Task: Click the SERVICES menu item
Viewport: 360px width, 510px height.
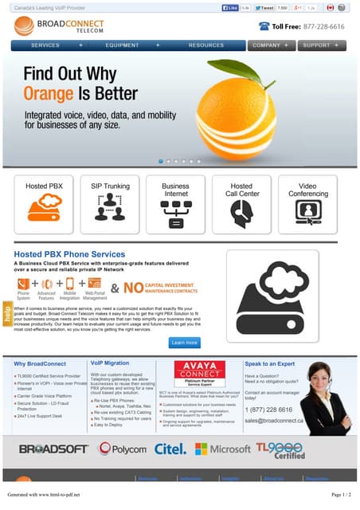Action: (x=46, y=45)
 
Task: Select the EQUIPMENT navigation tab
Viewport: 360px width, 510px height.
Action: (x=122, y=45)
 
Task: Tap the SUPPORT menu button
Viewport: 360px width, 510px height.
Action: (x=322, y=45)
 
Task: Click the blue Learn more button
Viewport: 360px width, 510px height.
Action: (x=184, y=343)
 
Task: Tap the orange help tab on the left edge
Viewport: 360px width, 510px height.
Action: (x=7, y=314)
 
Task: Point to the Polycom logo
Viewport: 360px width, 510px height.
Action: (x=122, y=449)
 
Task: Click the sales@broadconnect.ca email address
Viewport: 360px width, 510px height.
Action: (x=275, y=420)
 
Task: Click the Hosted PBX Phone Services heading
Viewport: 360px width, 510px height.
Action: (x=69, y=254)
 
